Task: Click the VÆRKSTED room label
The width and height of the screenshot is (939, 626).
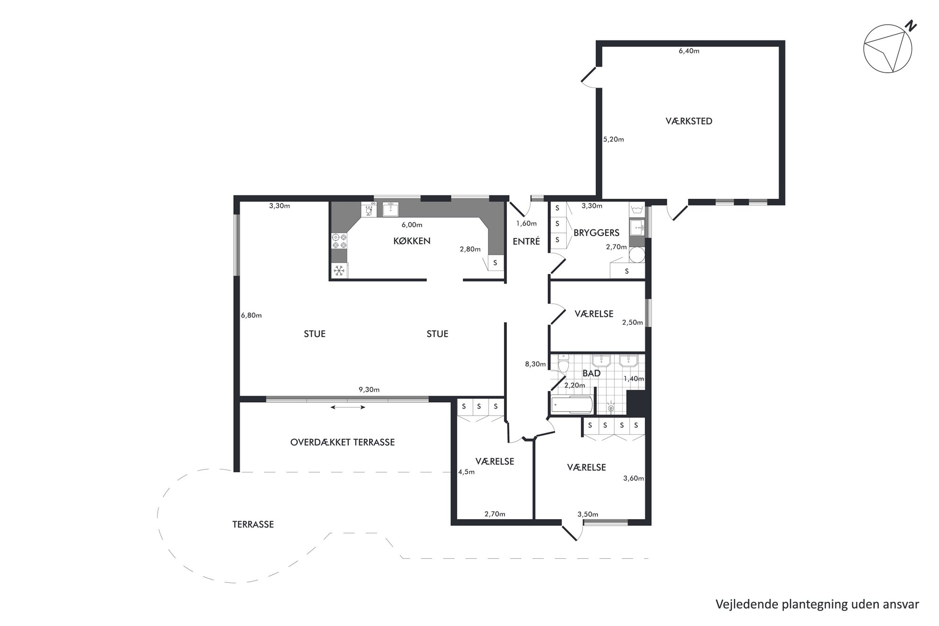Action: (x=689, y=121)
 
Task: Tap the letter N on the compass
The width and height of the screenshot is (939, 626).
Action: (x=910, y=27)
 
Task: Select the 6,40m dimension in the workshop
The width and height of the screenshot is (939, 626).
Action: (x=689, y=51)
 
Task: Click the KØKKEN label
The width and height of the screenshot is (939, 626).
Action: (x=412, y=241)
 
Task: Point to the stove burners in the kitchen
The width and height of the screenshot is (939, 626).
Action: (x=339, y=241)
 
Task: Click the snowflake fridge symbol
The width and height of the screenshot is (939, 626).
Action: (x=339, y=271)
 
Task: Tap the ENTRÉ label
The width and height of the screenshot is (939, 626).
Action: (x=526, y=241)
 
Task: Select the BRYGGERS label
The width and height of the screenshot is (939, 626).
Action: (x=596, y=233)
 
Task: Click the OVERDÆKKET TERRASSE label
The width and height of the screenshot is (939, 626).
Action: (x=342, y=442)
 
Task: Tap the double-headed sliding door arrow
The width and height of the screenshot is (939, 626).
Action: (x=348, y=407)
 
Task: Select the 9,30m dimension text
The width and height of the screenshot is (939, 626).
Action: (x=369, y=390)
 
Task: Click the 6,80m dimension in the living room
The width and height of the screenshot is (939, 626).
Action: (x=251, y=316)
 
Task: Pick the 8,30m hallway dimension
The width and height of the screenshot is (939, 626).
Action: (x=535, y=364)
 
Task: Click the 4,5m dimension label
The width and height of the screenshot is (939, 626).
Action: (x=466, y=472)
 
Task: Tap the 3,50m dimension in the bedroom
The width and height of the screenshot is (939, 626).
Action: (x=588, y=514)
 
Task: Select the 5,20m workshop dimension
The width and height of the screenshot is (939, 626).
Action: (x=613, y=140)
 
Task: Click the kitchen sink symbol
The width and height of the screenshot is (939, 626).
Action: (x=390, y=209)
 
